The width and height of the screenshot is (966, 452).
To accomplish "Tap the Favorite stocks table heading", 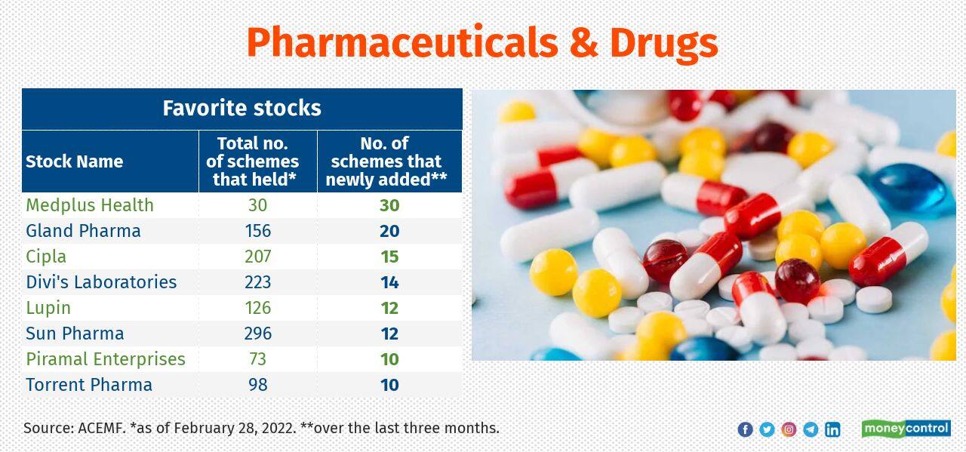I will pyautogui.click(x=241, y=108).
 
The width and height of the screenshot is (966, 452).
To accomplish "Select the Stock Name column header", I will pyautogui.click(x=74, y=161).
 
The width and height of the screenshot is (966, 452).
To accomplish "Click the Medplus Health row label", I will pyautogui.click(x=90, y=205).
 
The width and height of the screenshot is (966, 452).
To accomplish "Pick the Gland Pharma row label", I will pyautogui.click(x=83, y=231).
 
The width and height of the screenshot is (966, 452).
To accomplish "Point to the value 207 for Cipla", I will pyautogui.click(x=257, y=257).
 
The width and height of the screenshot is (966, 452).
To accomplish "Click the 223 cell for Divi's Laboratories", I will pyautogui.click(x=257, y=282).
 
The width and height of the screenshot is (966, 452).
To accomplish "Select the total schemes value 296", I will pyautogui.click(x=257, y=334).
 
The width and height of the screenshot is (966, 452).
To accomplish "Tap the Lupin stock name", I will pyautogui.click(x=48, y=308).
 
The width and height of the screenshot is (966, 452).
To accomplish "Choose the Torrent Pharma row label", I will pyautogui.click(x=89, y=385).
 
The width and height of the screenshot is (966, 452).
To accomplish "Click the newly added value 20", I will pyautogui.click(x=389, y=231).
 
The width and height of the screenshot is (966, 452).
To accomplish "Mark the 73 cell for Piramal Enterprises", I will pyautogui.click(x=257, y=359).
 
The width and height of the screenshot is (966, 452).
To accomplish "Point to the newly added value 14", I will pyautogui.click(x=389, y=282).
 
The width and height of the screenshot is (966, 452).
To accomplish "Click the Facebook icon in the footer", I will pyautogui.click(x=745, y=429).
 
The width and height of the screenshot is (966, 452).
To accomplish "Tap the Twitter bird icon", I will pyautogui.click(x=767, y=429).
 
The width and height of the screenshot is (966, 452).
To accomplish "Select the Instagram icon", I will pyautogui.click(x=789, y=429).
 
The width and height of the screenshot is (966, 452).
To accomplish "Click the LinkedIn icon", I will pyautogui.click(x=832, y=429).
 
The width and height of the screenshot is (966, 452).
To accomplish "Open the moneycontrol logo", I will pyautogui.click(x=906, y=429).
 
